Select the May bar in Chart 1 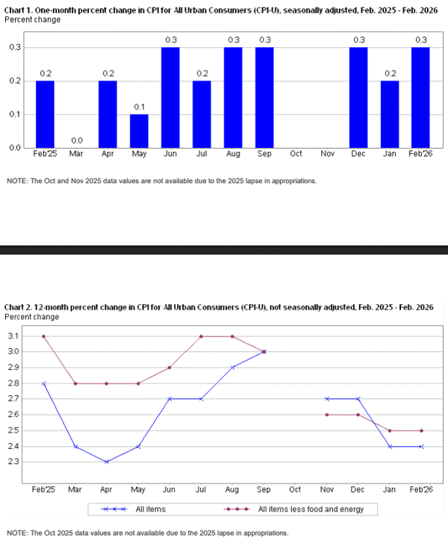coord(139,131)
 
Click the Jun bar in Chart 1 coord(170,97)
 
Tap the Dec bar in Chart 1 coord(358,97)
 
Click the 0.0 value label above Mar coord(77,140)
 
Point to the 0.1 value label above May coord(139,107)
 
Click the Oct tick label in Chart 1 coord(296,153)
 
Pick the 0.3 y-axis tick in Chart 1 coord(15,47)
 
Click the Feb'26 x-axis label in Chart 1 coord(420,153)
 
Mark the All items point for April coord(107,463)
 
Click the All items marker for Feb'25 coord(43,383)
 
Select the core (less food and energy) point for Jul coord(201,336)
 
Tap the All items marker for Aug coord(233,368)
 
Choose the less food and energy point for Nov coord(327,415)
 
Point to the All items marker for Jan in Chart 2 coord(390,447)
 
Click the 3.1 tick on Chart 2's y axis coord(13,336)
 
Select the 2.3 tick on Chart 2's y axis coord(13,462)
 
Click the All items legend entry coord(134,509)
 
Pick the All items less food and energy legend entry coord(293,509)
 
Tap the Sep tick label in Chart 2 coord(264,489)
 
